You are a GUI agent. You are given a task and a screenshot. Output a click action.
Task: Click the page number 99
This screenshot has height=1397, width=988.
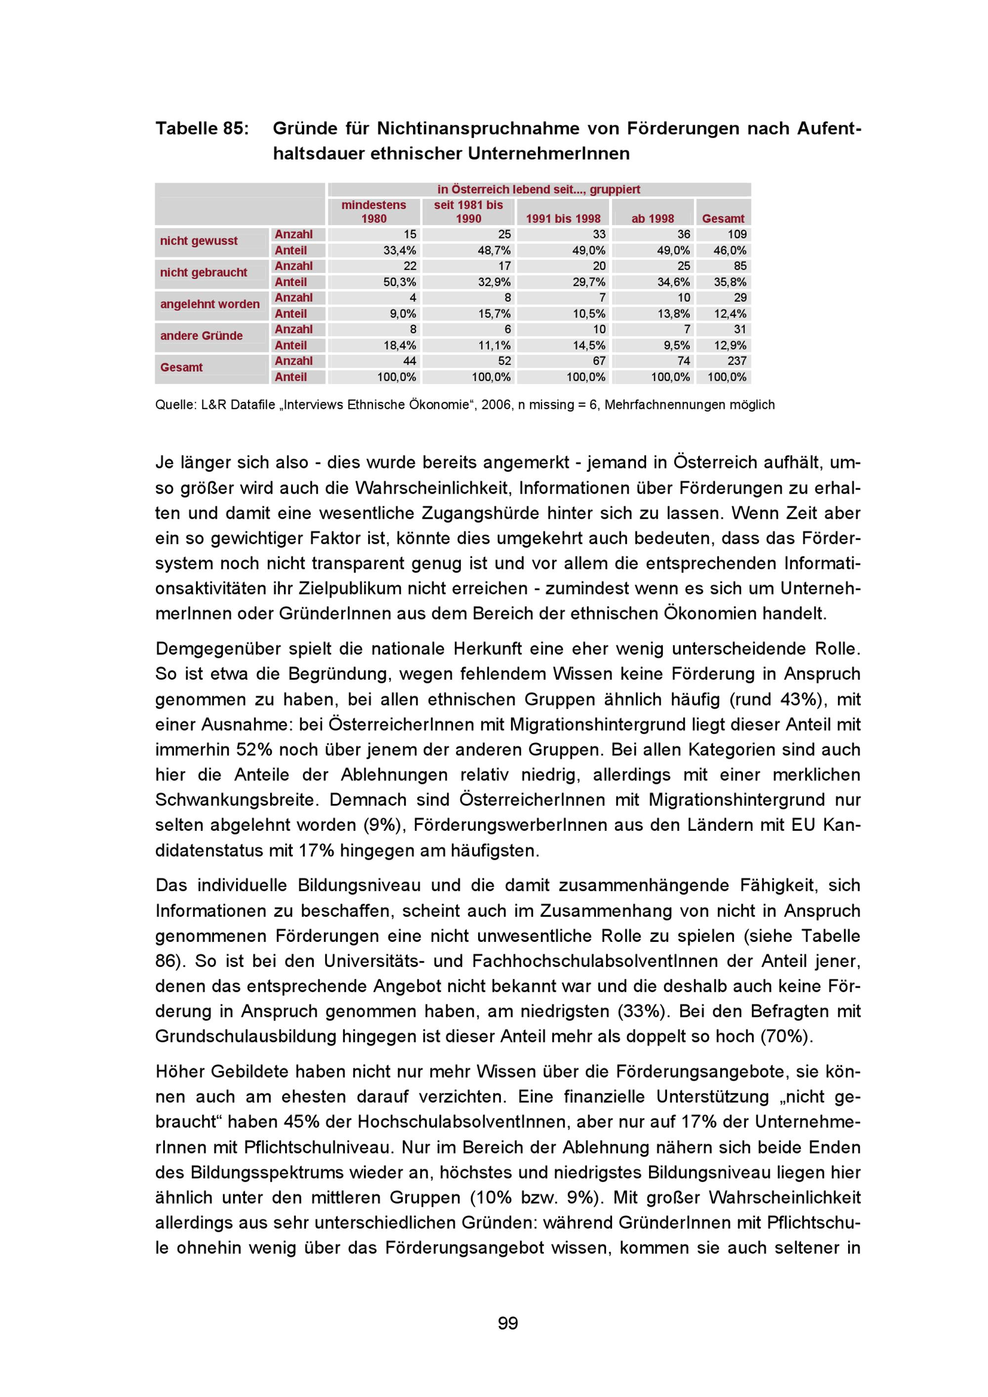tap(508, 1323)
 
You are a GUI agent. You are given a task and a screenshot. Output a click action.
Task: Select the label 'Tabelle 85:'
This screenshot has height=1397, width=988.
tap(202, 128)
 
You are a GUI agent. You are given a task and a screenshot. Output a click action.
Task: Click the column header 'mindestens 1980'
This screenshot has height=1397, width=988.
tap(374, 212)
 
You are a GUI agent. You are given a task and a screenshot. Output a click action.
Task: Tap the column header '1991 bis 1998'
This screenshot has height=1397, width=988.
tap(563, 218)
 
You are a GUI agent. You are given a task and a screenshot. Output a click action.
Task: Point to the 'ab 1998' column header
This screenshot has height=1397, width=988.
tap(653, 218)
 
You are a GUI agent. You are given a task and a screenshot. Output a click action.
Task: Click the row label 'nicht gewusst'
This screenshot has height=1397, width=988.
tap(199, 241)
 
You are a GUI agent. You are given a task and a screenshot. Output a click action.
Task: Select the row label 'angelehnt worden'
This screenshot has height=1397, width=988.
tap(210, 304)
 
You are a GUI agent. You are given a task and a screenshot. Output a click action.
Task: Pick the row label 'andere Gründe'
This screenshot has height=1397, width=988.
tap(202, 336)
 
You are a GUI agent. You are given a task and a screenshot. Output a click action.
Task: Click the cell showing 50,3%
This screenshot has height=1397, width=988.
tap(399, 282)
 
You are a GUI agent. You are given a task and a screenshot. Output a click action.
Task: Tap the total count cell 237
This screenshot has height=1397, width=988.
tap(737, 361)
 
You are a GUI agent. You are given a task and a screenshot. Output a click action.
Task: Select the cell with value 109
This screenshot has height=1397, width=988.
tap(737, 234)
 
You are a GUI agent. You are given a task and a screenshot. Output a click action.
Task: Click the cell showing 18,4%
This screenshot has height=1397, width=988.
tap(399, 346)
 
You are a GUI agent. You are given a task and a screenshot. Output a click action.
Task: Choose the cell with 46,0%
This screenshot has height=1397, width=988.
tap(730, 251)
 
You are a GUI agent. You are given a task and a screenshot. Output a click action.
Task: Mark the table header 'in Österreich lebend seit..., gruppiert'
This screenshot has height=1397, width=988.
tap(539, 189)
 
